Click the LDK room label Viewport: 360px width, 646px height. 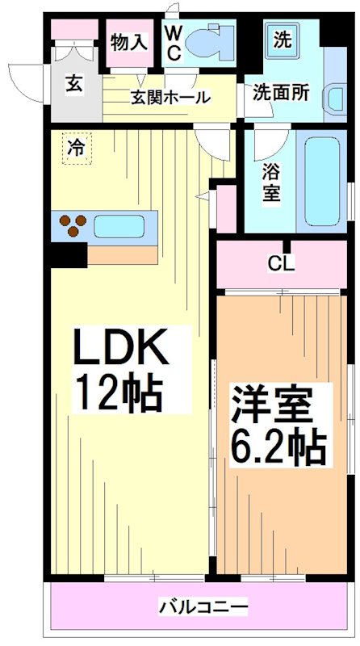coord(121,349)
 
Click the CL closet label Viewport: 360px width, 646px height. coord(282,263)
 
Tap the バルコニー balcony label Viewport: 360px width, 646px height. coord(203,606)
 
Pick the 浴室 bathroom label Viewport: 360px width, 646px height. coord(271,182)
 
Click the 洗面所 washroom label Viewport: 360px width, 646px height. coord(281,92)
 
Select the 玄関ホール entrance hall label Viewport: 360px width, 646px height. coord(171,98)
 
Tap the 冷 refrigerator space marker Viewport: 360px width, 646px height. coord(76,149)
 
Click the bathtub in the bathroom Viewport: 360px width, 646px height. coord(324,180)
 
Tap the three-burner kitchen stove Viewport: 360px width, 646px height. coord(72,226)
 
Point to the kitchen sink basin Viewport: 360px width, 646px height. coord(118,226)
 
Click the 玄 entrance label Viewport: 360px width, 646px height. coord(73,82)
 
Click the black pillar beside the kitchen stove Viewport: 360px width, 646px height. coord(67,254)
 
